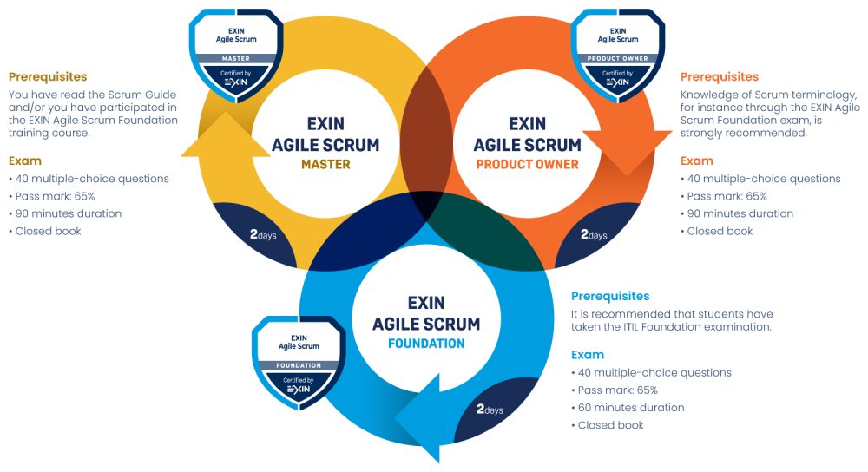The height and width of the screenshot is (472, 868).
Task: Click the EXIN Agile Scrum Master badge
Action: pos(236,56)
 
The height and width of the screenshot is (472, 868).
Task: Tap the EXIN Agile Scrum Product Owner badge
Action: pos(618,56)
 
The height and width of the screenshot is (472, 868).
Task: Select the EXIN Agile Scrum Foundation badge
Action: pos(299,363)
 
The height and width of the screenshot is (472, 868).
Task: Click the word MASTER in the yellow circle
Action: pos(325,164)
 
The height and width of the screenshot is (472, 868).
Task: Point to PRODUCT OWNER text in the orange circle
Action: pos(527,164)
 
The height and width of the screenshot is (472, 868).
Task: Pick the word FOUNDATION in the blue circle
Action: pos(426,344)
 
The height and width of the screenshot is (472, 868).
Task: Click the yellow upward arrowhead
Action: pos(226,134)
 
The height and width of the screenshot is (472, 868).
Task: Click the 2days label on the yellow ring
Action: pos(263,234)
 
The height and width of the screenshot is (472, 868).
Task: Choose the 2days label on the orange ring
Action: pos(594,234)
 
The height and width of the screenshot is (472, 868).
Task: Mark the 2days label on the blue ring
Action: pos(490,410)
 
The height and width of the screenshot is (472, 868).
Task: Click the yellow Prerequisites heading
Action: pos(48,77)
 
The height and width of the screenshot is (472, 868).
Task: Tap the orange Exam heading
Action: pos(696,161)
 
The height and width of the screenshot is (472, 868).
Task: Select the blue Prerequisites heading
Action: pos(610,297)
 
